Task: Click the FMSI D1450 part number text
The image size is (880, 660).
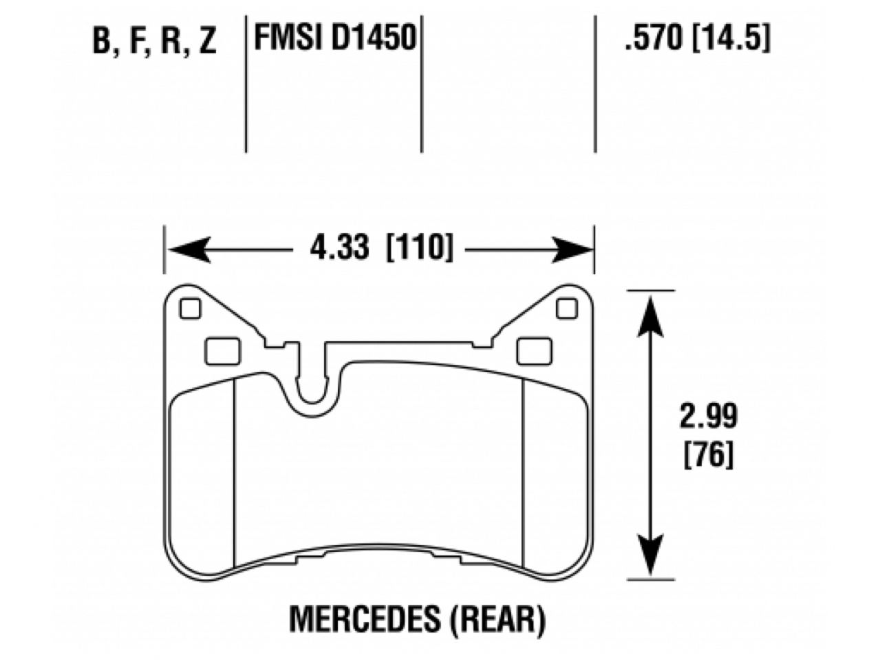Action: pyautogui.click(x=335, y=38)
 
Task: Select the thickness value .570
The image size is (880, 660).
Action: pyautogui.click(x=654, y=38)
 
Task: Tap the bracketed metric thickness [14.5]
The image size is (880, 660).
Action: pyautogui.click(x=730, y=38)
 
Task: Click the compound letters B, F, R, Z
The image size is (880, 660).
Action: pyautogui.click(x=154, y=41)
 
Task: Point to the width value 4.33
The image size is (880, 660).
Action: pyautogui.click(x=339, y=248)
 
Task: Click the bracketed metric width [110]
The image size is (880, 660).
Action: pyautogui.click(x=420, y=248)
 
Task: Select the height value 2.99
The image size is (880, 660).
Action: pyautogui.click(x=708, y=416)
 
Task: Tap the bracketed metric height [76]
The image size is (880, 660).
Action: pyautogui.click(x=708, y=454)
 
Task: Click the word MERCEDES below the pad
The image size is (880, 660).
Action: pyautogui.click(x=364, y=619)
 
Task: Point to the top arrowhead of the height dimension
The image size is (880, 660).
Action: pyautogui.click(x=650, y=309)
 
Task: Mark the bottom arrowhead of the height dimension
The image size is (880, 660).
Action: pyautogui.click(x=650, y=560)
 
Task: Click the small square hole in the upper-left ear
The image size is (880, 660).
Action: pyautogui.click(x=190, y=309)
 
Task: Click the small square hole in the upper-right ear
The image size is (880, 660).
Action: pyautogui.click(x=566, y=309)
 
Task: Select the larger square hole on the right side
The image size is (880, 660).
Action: pyautogui.click(x=530, y=351)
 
